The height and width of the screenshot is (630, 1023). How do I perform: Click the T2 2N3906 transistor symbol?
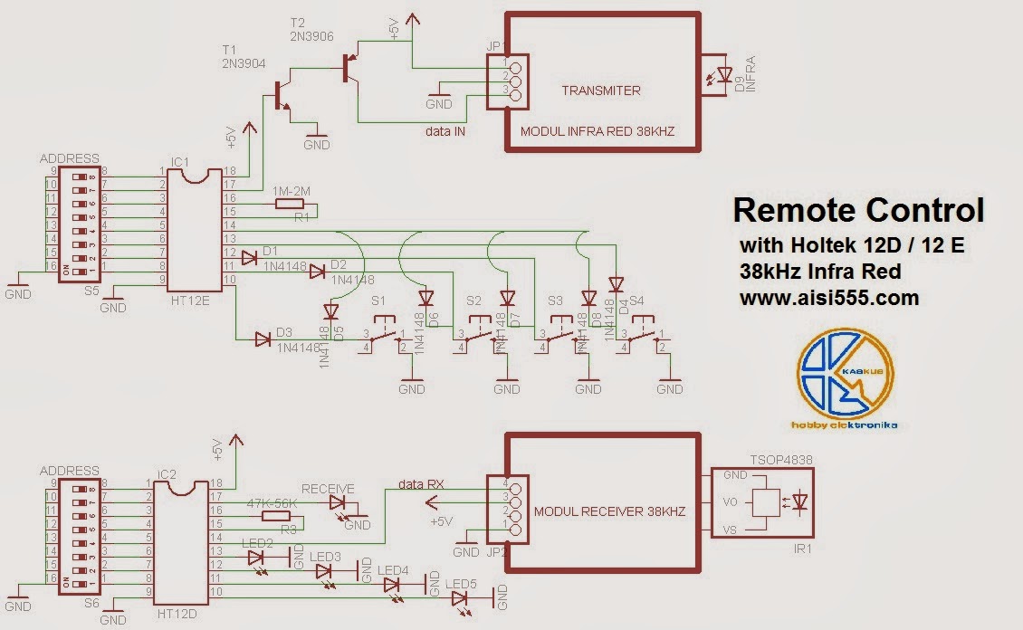tap(349, 68)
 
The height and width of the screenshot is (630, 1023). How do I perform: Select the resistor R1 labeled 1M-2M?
tap(290, 206)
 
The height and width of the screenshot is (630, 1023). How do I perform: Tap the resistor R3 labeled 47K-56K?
tap(275, 515)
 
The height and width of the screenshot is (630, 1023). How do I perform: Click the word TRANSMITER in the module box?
tap(600, 91)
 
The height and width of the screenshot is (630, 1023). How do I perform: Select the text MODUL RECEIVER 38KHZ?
tap(609, 511)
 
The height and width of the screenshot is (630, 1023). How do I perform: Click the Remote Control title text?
tap(857, 210)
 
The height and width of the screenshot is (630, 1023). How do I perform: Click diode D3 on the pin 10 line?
tap(263, 339)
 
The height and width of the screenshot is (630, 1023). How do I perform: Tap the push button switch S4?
tap(644, 338)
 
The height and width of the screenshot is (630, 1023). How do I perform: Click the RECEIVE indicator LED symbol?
tap(338, 502)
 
